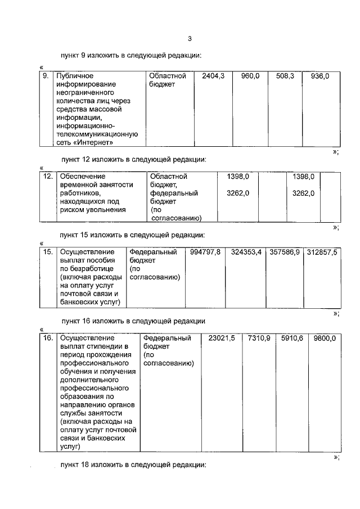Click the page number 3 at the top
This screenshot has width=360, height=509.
click(x=190, y=39)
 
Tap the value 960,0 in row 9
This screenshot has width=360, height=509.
click(x=250, y=75)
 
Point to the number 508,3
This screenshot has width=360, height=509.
click(x=283, y=75)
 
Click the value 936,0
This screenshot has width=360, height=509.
click(x=319, y=75)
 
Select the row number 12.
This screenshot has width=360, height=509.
click(x=48, y=177)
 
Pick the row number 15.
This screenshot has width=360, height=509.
click(x=48, y=252)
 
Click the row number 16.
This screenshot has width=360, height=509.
click(x=48, y=338)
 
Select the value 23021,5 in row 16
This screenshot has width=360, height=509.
click(x=221, y=338)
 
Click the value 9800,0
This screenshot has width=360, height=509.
click(x=325, y=338)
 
